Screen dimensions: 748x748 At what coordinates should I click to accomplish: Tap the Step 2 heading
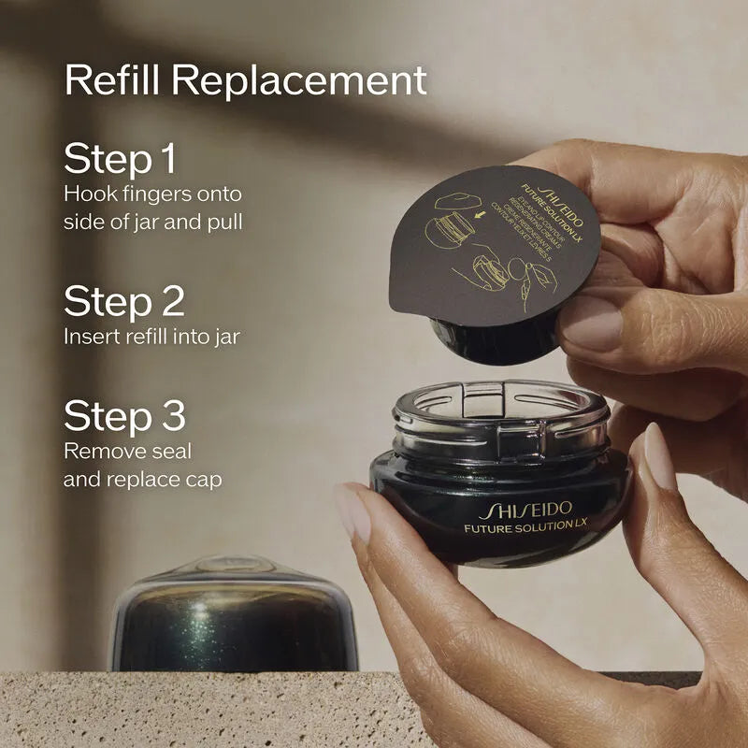click(123, 301)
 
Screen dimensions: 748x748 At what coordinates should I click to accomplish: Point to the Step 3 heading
click(124, 416)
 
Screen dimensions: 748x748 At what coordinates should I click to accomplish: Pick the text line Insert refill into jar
click(151, 337)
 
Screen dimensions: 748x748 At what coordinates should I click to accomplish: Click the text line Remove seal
click(127, 452)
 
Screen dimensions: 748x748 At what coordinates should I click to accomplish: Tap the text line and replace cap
click(142, 480)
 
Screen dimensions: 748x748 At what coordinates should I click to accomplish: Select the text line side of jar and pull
click(153, 222)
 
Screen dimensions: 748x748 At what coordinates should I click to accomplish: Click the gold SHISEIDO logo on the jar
click(524, 511)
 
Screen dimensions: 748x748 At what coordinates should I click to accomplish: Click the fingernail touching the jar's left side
click(352, 513)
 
